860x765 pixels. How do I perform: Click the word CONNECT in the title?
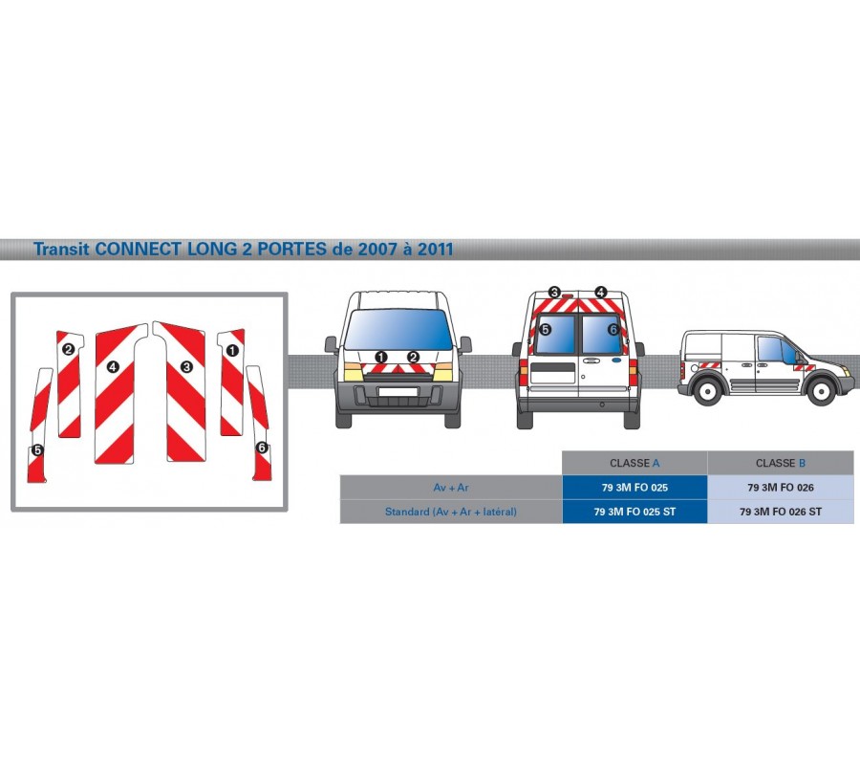(140, 250)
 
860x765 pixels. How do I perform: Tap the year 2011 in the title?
(436, 250)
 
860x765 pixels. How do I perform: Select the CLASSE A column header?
(634, 463)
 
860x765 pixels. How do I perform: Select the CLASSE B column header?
(781, 463)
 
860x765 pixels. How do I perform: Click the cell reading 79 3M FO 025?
(634, 488)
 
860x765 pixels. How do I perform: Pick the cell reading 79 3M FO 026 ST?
(781, 512)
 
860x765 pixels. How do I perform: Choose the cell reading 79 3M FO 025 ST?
(634, 512)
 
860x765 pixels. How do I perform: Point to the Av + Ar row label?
(451, 488)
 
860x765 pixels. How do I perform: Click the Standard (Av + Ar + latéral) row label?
(451, 512)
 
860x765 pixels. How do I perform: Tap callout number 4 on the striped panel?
(113, 366)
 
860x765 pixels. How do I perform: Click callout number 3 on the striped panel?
(186, 366)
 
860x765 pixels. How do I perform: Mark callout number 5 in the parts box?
(37, 450)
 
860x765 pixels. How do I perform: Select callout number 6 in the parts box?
(262, 448)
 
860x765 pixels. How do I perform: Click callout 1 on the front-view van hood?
(380, 358)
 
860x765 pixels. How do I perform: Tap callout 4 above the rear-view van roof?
(601, 292)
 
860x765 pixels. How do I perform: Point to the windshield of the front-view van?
(398, 329)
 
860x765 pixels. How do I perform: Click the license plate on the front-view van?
(398, 391)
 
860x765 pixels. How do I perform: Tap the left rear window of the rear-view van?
(554, 334)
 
